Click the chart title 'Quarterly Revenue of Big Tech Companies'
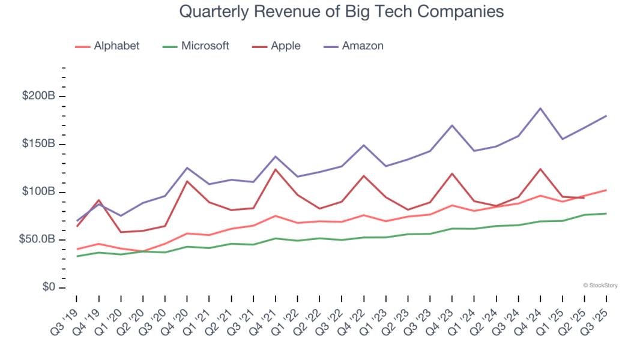coord(341,11)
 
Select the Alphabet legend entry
coord(107,46)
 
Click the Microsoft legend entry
coord(196,46)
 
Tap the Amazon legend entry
coord(354,46)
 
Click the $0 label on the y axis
coord(48,288)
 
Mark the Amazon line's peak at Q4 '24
coord(540,109)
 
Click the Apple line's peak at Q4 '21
coord(276,169)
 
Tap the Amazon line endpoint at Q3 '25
coord(606,116)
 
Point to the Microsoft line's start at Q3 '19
coord(77,256)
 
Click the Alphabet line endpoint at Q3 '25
coord(606,190)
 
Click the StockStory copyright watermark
coord(600,286)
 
